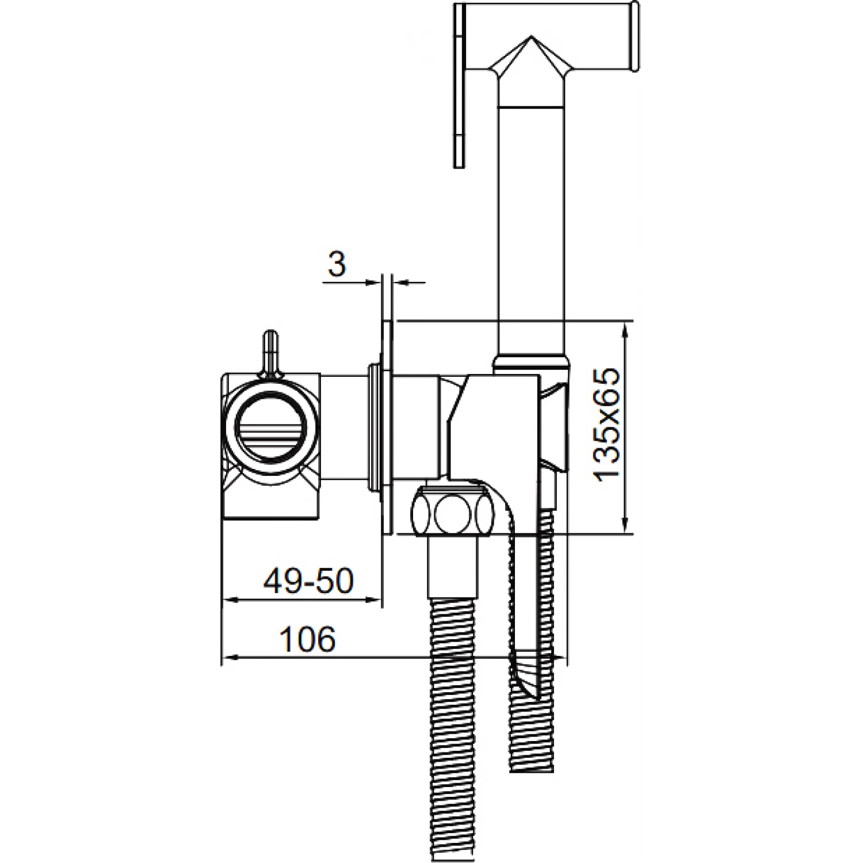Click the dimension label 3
tap(337, 264)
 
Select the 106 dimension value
tap(307, 639)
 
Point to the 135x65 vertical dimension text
tap(607, 424)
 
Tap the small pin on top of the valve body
tap(270, 353)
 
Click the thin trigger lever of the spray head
tap(459, 86)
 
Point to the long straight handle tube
tap(532, 230)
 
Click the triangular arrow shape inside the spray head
tap(530, 58)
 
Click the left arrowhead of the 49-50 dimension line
tap(228, 599)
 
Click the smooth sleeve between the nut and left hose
tap(453, 567)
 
